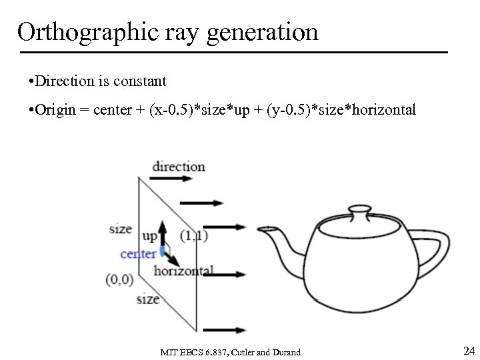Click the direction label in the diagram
pyautogui.click(x=178, y=166)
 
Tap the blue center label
pyautogui.click(x=138, y=253)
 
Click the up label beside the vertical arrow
pyautogui.click(x=149, y=235)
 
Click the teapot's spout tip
pyautogui.click(x=261, y=227)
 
